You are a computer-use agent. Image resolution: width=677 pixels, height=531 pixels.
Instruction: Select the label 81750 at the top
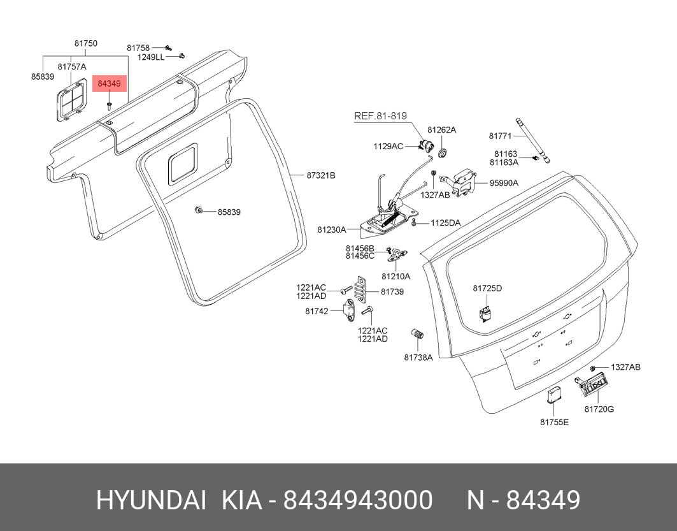tap(86, 44)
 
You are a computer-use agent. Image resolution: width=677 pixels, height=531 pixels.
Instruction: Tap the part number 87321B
tap(320, 175)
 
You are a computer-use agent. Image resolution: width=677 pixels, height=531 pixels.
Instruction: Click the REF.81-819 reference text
tap(380, 116)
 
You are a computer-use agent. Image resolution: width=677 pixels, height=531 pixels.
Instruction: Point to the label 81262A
tap(441, 129)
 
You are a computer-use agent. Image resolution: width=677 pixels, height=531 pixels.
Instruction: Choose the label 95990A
tap(504, 183)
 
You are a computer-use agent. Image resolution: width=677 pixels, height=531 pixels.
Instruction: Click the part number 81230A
tap(331, 229)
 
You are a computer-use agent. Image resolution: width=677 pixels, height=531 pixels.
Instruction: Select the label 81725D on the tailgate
tap(487, 288)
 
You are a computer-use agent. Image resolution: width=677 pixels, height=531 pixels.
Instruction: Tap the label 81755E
tap(554, 422)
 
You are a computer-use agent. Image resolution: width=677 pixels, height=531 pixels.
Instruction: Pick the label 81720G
tap(599, 409)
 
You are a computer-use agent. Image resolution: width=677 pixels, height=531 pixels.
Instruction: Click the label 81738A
tap(418, 357)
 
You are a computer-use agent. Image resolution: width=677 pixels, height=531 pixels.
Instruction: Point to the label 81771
tap(500, 136)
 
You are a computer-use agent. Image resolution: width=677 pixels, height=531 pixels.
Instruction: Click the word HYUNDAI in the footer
tap(151, 500)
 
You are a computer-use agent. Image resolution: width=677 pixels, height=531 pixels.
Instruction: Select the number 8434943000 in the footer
tap(358, 500)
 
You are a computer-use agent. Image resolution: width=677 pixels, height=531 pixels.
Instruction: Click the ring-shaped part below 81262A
tap(443, 151)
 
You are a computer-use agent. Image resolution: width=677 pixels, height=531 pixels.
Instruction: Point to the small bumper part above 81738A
tap(418, 335)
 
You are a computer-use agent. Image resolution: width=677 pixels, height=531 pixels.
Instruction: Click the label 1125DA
tap(445, 223)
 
